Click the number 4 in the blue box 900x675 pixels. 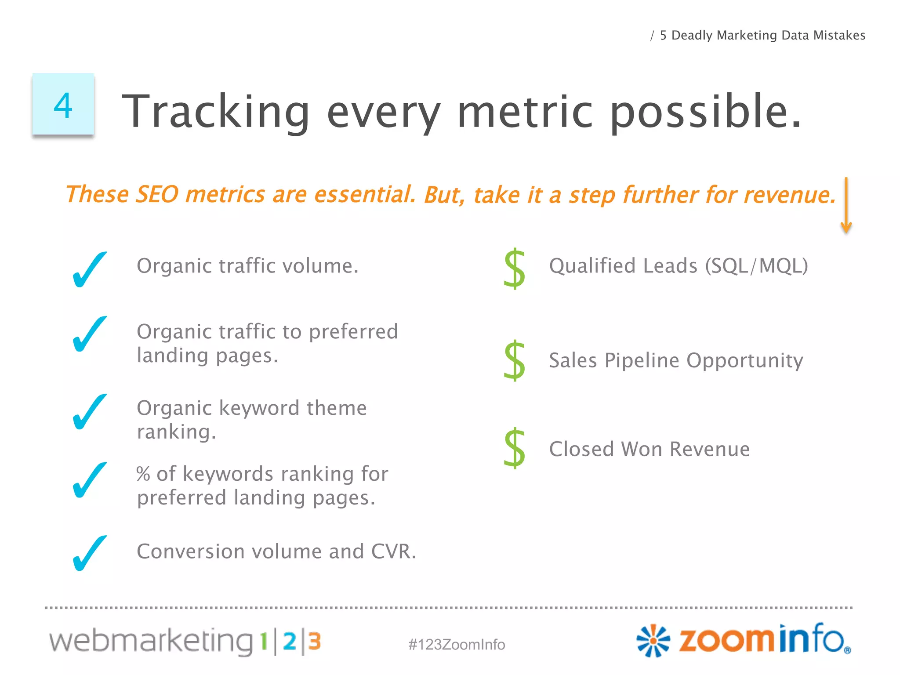coord(63,105)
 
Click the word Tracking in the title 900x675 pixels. coord(215,112)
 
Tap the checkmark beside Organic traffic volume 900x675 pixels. coord(89,269)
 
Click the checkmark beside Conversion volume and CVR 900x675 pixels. coord(89,553)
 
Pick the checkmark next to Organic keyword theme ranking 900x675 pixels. coord(89,411)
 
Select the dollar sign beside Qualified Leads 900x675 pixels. coord(515,269)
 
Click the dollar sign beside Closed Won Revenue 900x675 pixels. coord(515,448)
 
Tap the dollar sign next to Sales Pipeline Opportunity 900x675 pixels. coord(515,360)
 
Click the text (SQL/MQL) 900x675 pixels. coord(756,266)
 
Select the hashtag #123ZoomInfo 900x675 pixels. coord(457,644)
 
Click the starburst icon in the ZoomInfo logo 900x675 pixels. coord(653,641)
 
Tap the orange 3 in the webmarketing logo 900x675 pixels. coord(314,641)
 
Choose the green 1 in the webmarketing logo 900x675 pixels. coord(264,641)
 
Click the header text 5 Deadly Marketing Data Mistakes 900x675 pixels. coord(762,35)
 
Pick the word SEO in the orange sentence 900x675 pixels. coord(157,194)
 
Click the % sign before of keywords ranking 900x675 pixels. coord(143,474)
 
